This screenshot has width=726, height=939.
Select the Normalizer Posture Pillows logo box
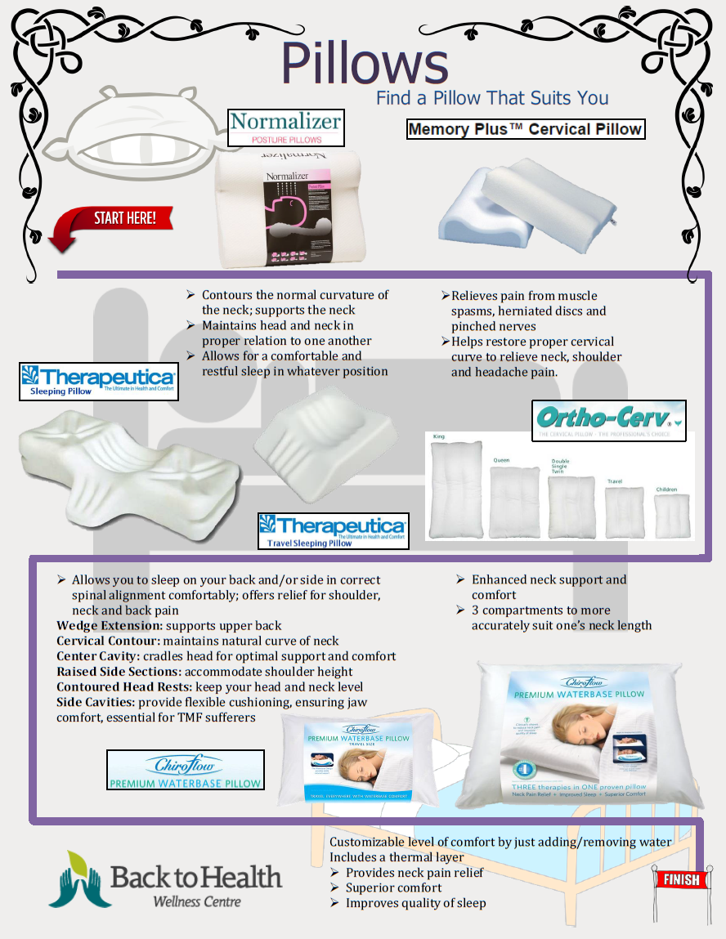(x=285, y=127)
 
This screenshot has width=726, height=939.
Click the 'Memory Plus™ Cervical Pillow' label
(x=526, y=129)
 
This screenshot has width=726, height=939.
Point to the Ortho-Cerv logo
(x=608, y=420)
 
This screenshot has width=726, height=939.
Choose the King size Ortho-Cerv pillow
(x=455, y=490)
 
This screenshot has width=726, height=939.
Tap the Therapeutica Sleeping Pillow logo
(x=99, y=382)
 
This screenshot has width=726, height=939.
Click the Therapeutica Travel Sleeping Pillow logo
(x=332, y=530)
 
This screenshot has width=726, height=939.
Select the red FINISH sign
(x=680, y=879)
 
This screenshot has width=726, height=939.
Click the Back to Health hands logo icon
(x=79, y=879)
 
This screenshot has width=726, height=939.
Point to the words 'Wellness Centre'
(x=197, y=901)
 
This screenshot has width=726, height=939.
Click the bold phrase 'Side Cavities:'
(x=96, y=702)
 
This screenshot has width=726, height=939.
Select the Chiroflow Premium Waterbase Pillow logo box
(x=186, y=770)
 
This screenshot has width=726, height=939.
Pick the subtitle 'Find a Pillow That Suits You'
(x=491, y=98)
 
